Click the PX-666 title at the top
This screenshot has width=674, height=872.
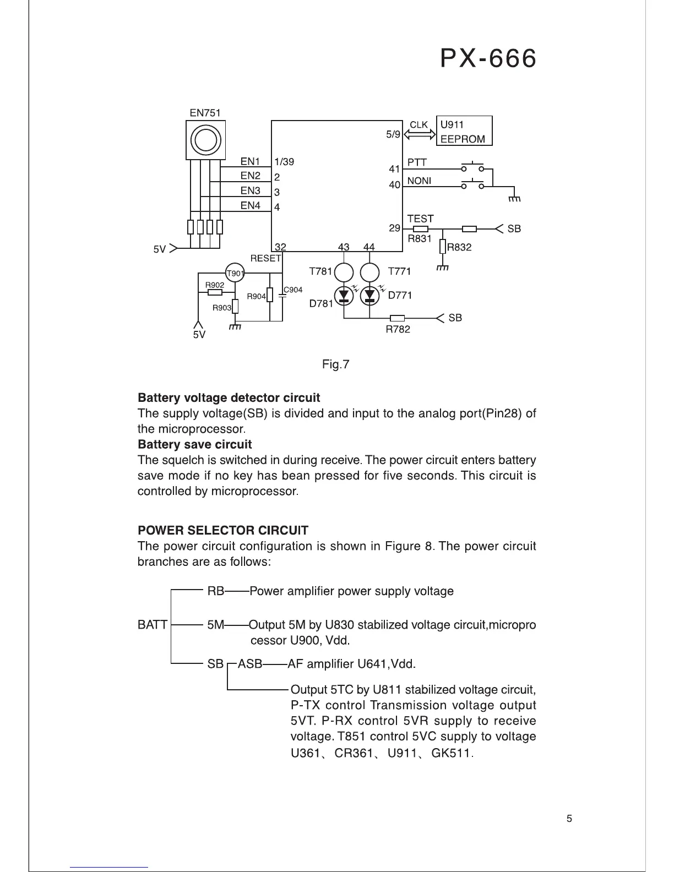(488, 58)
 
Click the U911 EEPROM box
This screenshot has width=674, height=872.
(464, 131)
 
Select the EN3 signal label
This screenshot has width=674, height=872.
(250, 190)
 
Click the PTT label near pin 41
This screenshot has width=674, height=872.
(417, 162)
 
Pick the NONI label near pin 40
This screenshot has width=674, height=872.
(419, 181)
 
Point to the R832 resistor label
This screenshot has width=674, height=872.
(459, 247)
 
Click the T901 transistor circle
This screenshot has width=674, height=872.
(235, 273)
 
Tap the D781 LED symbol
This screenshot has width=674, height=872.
(344, 296)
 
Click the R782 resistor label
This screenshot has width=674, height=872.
(398, 329)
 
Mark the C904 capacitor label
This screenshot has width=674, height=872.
(293, 290)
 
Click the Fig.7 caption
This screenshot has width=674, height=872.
(336, 364)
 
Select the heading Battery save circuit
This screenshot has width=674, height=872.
(194, 444)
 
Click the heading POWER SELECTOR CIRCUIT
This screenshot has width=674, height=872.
(222, 531)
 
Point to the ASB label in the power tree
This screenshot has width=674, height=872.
(250, 664)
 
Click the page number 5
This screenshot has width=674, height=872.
(569, 819)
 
